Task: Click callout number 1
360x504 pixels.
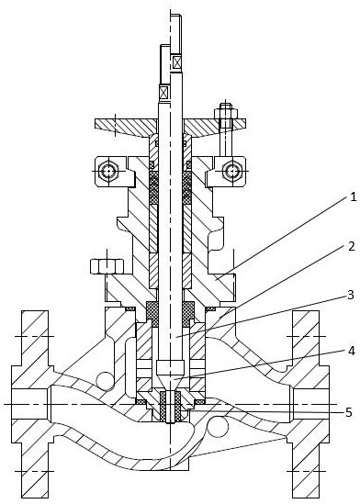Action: click(x=353, y=196)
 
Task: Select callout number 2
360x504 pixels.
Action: click(x=352, y=246)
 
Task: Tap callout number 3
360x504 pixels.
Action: click(x=351, y=295)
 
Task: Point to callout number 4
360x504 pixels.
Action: click(x=352, y=351)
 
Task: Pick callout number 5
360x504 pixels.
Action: click(x=349, y=412)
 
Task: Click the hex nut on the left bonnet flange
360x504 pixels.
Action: click(x=107, y=266)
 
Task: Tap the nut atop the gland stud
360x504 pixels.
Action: click(x=226, y=113)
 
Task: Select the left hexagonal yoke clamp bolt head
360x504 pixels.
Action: click(x=108, y=171)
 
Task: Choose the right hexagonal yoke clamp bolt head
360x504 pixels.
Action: click(x=231, y=171)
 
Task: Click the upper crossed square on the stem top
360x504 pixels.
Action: click(x=176, y=62)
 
